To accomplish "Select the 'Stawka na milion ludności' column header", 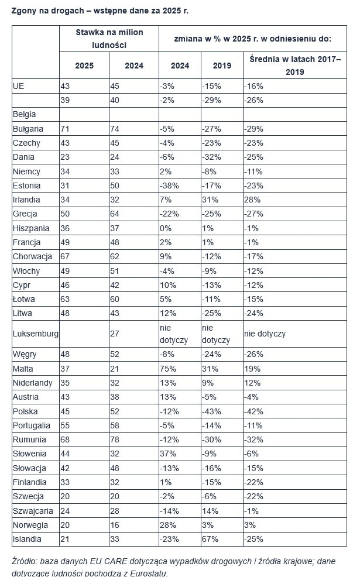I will (109, 38).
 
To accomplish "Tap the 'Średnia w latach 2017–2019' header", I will (294, 66).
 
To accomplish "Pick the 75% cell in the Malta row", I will (166, 369).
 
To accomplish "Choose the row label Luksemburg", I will (35, 334).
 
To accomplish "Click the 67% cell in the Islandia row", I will (209, 539).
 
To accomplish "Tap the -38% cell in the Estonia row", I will (169, 186).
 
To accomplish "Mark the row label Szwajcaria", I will (32, 511).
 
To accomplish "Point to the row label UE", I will (18, 86).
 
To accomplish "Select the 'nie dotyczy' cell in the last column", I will (265, 334).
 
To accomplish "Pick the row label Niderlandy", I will (33, 383).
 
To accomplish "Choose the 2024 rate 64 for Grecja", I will (115, 214).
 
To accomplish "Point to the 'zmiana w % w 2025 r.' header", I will (253, 38).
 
